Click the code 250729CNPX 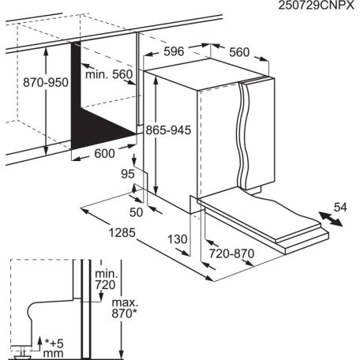coord(309,7)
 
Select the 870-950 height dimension coord(24,82)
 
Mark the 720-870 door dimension coord(235,256)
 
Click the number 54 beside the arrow coord(339,207)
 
